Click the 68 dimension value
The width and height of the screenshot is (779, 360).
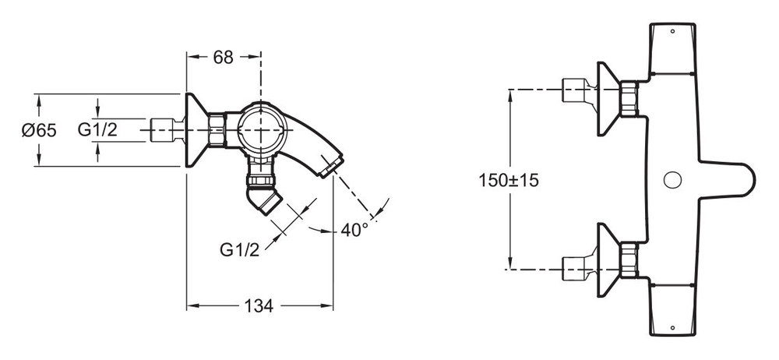pyautogui.click(x=223, y=58)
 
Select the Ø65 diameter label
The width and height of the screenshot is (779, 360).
pyautogui.click(x=39, y=130)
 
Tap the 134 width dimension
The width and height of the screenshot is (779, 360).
pyautogui.click(x=259, y=305)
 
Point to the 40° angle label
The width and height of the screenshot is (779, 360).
pyautogui.click(x=354, y=229)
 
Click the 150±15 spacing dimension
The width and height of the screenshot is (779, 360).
pyautogui.click(x=509, y=180)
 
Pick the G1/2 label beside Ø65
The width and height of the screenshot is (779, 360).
pyautogui.click(x=97, y=130)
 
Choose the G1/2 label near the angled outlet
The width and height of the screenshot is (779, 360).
pyautogui.click(x=239, y=249)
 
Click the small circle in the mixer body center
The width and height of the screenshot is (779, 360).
pyautogui.click(x=672, y=180)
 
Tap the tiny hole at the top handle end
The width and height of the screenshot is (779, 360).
pyautogui.click(x=672, y=31)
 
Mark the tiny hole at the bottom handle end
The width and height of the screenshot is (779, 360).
pyautogui.click(x=672, y=328)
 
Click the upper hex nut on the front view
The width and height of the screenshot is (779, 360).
pyautogui.click(x=629, y=99)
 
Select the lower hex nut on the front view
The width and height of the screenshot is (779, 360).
pyautogui.click(x=629, y=260)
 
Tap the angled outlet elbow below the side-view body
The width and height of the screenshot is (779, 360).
pyautogui.click(x=264, y=196)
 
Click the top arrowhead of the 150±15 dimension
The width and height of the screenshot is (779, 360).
pyautogui.click(x=510, y=94)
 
